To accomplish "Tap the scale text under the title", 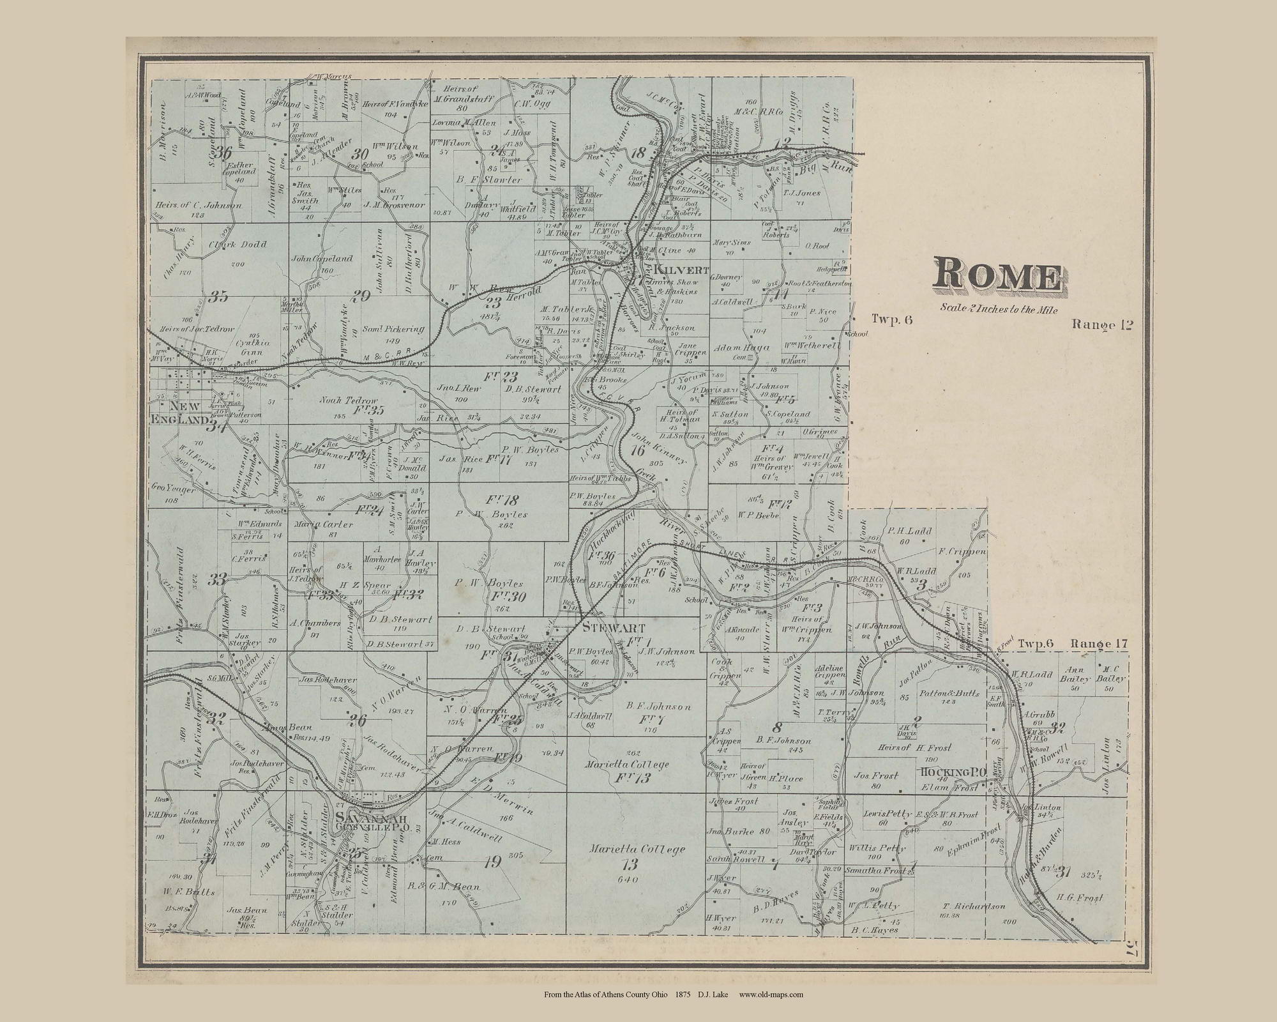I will pos(999,310).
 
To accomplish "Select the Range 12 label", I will pos(1102,324).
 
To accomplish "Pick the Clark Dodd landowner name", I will pos(237,244).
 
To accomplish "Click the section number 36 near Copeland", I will pos(222,153).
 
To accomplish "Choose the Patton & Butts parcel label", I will pos(949,693).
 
